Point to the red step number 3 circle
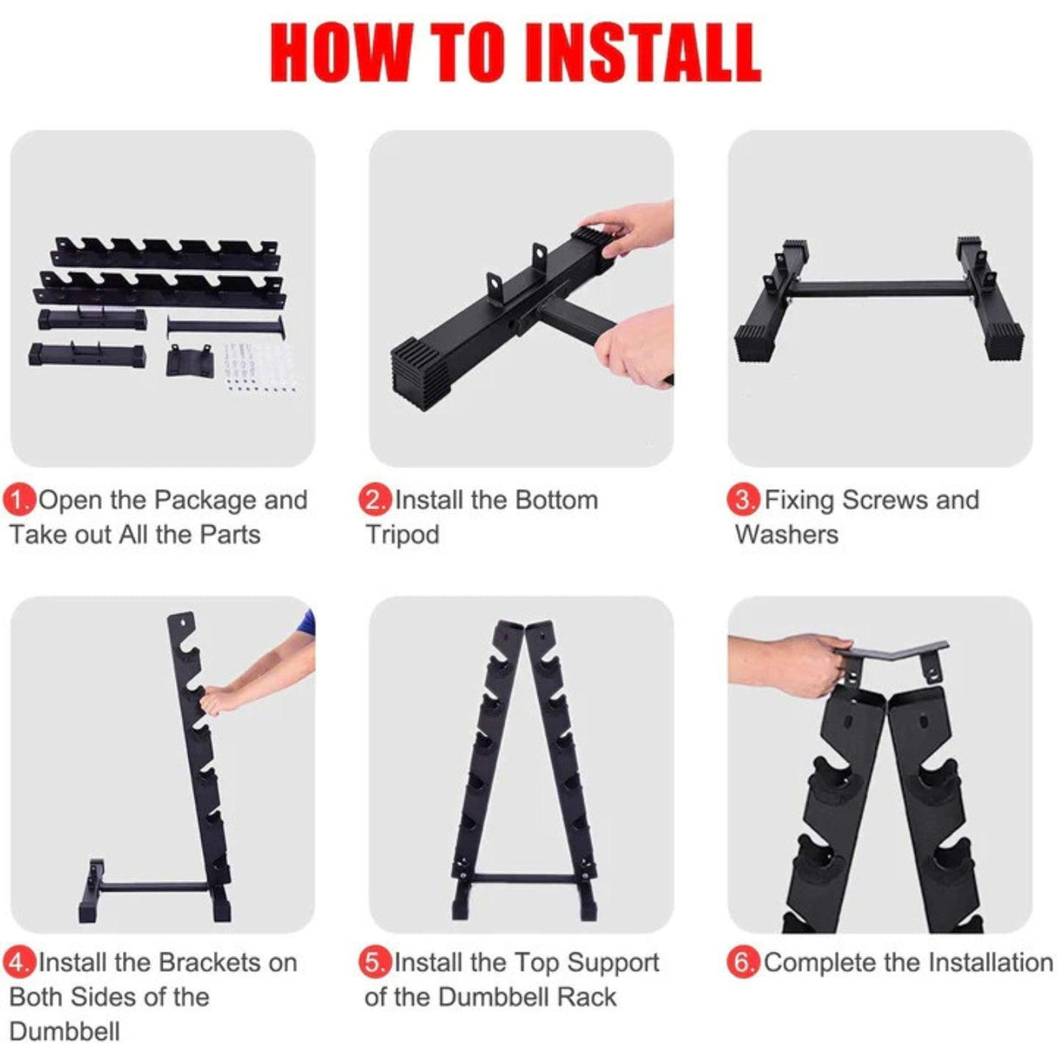tap(744, 501)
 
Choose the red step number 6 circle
tap(744, 963)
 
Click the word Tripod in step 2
tap(402, 535)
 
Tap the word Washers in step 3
tap(786, 535)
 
